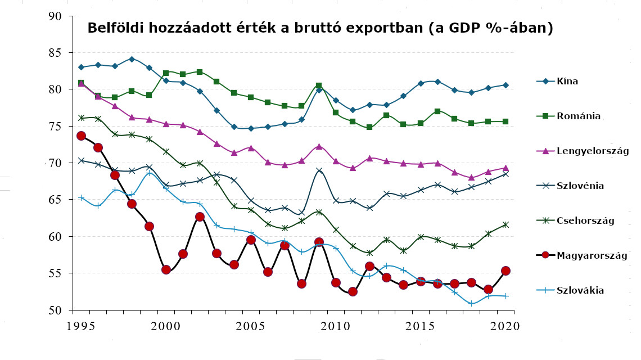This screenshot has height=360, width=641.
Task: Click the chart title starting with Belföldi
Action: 320,28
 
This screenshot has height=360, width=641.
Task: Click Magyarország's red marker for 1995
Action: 81,136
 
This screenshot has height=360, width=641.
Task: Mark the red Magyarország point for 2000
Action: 166,269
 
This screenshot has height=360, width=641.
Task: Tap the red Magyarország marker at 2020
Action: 505,271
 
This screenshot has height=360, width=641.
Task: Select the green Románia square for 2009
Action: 319,85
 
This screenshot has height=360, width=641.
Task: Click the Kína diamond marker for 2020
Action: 505,85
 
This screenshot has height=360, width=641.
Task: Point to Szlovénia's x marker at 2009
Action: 319,170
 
